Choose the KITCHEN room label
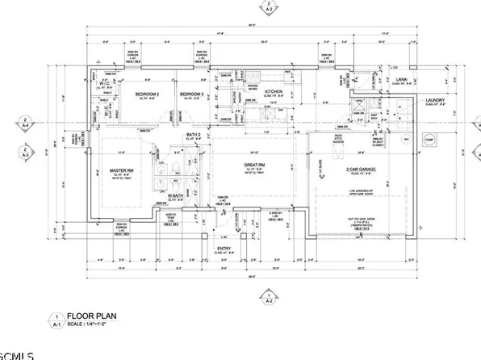pos(274,92)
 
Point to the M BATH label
pos(177,196)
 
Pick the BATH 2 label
pos(192,135)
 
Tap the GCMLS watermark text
pos(18,354)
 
